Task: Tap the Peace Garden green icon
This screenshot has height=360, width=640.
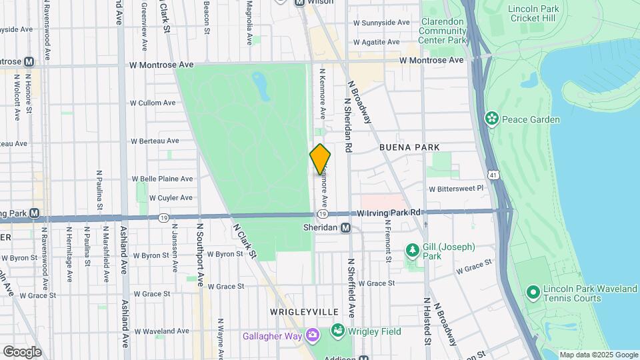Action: click(492, 119)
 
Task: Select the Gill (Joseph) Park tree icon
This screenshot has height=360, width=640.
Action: click(412, 251)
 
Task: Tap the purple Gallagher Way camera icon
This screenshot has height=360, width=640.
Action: click(311, 334)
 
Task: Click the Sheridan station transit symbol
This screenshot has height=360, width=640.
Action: click(346, 228)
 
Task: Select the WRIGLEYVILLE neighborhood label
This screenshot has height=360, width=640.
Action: click(304, 312)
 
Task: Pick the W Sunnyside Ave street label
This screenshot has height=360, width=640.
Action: click(381, 22)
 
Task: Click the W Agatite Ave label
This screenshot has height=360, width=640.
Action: click(377, 41)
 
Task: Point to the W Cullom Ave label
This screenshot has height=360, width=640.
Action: click(153, 103)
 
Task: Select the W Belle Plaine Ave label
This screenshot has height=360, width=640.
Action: click(162, 179)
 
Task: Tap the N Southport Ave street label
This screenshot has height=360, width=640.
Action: click(199, 254)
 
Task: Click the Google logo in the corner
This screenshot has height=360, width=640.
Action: click(22, 351)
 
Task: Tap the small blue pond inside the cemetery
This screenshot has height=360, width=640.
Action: click(261, 85)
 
